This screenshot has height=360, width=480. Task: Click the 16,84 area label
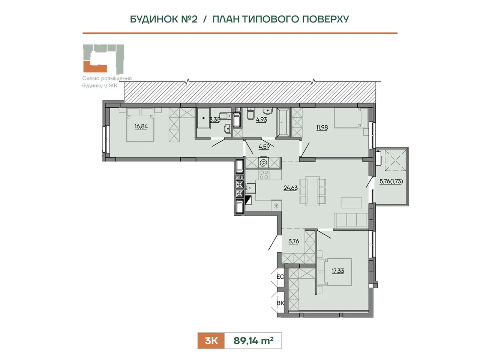click(x=141, y=126)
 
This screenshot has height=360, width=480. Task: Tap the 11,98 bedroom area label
click(x=322, y=127)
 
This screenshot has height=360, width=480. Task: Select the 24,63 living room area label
click(x=290, y=188)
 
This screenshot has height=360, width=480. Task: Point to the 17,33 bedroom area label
click(x=338, y=271)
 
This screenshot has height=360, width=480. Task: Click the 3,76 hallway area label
click(x=293, y=241)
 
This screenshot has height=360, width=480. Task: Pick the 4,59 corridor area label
click(x=264, y=147)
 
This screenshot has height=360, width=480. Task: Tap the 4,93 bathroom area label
click(x=262, y=120)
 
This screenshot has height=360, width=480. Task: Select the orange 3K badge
click(x=211, y=341)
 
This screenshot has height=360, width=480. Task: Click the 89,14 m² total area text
click(x=253, y=341)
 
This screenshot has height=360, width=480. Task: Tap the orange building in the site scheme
click(x=95, y=67)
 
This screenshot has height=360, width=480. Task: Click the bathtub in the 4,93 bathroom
click(x=283, y=122)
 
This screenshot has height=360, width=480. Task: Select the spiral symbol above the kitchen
click(x=264, y=162)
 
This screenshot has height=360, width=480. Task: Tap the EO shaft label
click(x=280, y=277)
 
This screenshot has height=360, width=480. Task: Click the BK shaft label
click(x=280, y=303)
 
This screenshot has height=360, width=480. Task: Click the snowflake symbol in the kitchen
click(x=276, y=206)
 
